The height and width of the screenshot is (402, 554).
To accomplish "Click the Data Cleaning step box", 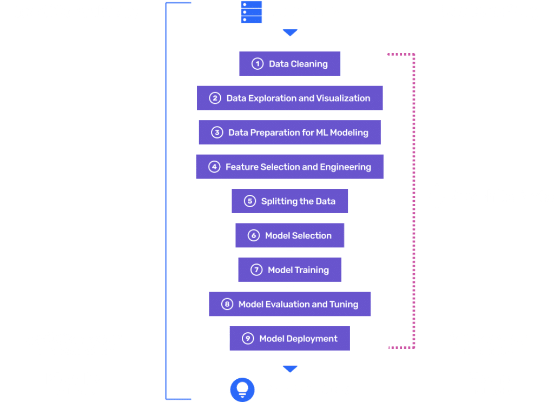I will [x=290, y=64].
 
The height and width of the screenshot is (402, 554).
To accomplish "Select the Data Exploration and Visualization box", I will [x=290, y=98].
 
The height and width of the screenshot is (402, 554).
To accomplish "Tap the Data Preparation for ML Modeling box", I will [x=290, y=133].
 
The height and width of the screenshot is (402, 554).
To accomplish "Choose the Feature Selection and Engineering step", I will [x=290, y=167].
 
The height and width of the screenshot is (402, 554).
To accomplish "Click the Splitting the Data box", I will [x=290, y=201].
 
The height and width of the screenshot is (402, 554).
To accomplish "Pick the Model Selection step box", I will [x=290, y=235].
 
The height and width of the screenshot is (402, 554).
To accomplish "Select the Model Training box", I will [x=290, y=270].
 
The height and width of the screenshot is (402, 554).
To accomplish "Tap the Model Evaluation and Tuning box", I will [x=290, y=304].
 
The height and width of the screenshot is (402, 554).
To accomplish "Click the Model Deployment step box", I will [x=290, y=339].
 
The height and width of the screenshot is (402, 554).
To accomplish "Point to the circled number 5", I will [x=249, y=201].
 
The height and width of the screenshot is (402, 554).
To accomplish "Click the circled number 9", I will [x=248, y=339].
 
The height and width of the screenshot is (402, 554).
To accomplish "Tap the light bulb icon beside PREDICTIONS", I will [x=242, y=390].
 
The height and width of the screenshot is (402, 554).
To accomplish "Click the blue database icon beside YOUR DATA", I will [x=251, y=12].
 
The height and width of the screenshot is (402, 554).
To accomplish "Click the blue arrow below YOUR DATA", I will [x=291, y=34].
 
